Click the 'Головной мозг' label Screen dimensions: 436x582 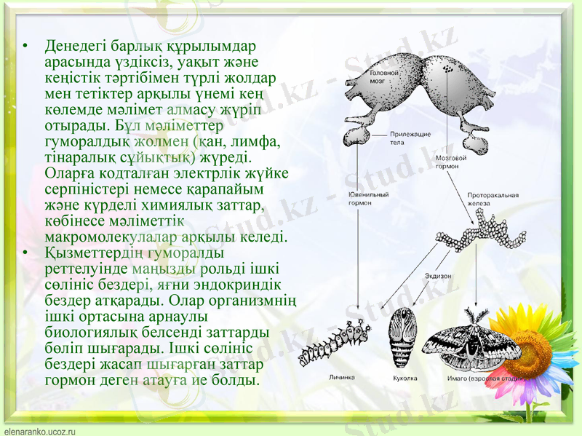tap(383, 77)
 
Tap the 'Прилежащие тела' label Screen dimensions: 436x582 tap(410, 138)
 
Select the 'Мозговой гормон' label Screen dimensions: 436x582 tap(447, 162)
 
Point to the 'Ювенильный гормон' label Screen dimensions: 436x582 tap(368, 199)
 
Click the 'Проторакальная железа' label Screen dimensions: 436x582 tap(493, 199)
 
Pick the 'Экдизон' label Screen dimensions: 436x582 tap(439, 276)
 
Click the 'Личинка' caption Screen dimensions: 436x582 tap(341, 378)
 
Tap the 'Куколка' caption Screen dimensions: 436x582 tap(404, 378)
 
